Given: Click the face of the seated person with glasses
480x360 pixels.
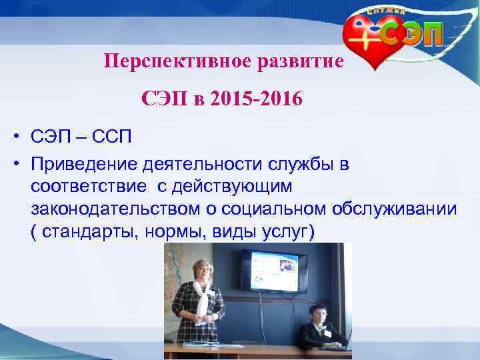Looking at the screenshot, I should click(317, 315).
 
